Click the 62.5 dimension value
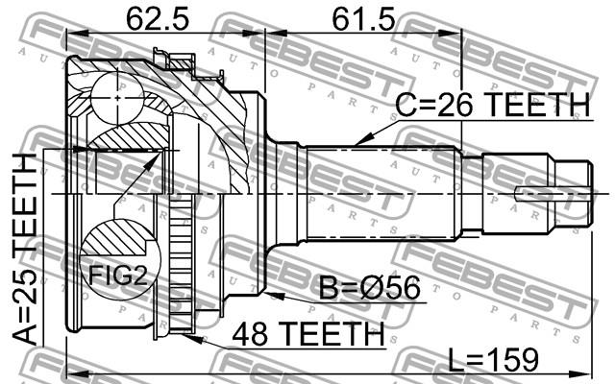158,18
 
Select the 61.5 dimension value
363,18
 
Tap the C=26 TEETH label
493,105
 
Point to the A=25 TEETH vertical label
24,250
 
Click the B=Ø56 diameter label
369,288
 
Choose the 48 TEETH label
307,334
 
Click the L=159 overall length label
493,360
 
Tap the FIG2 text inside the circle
117,276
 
